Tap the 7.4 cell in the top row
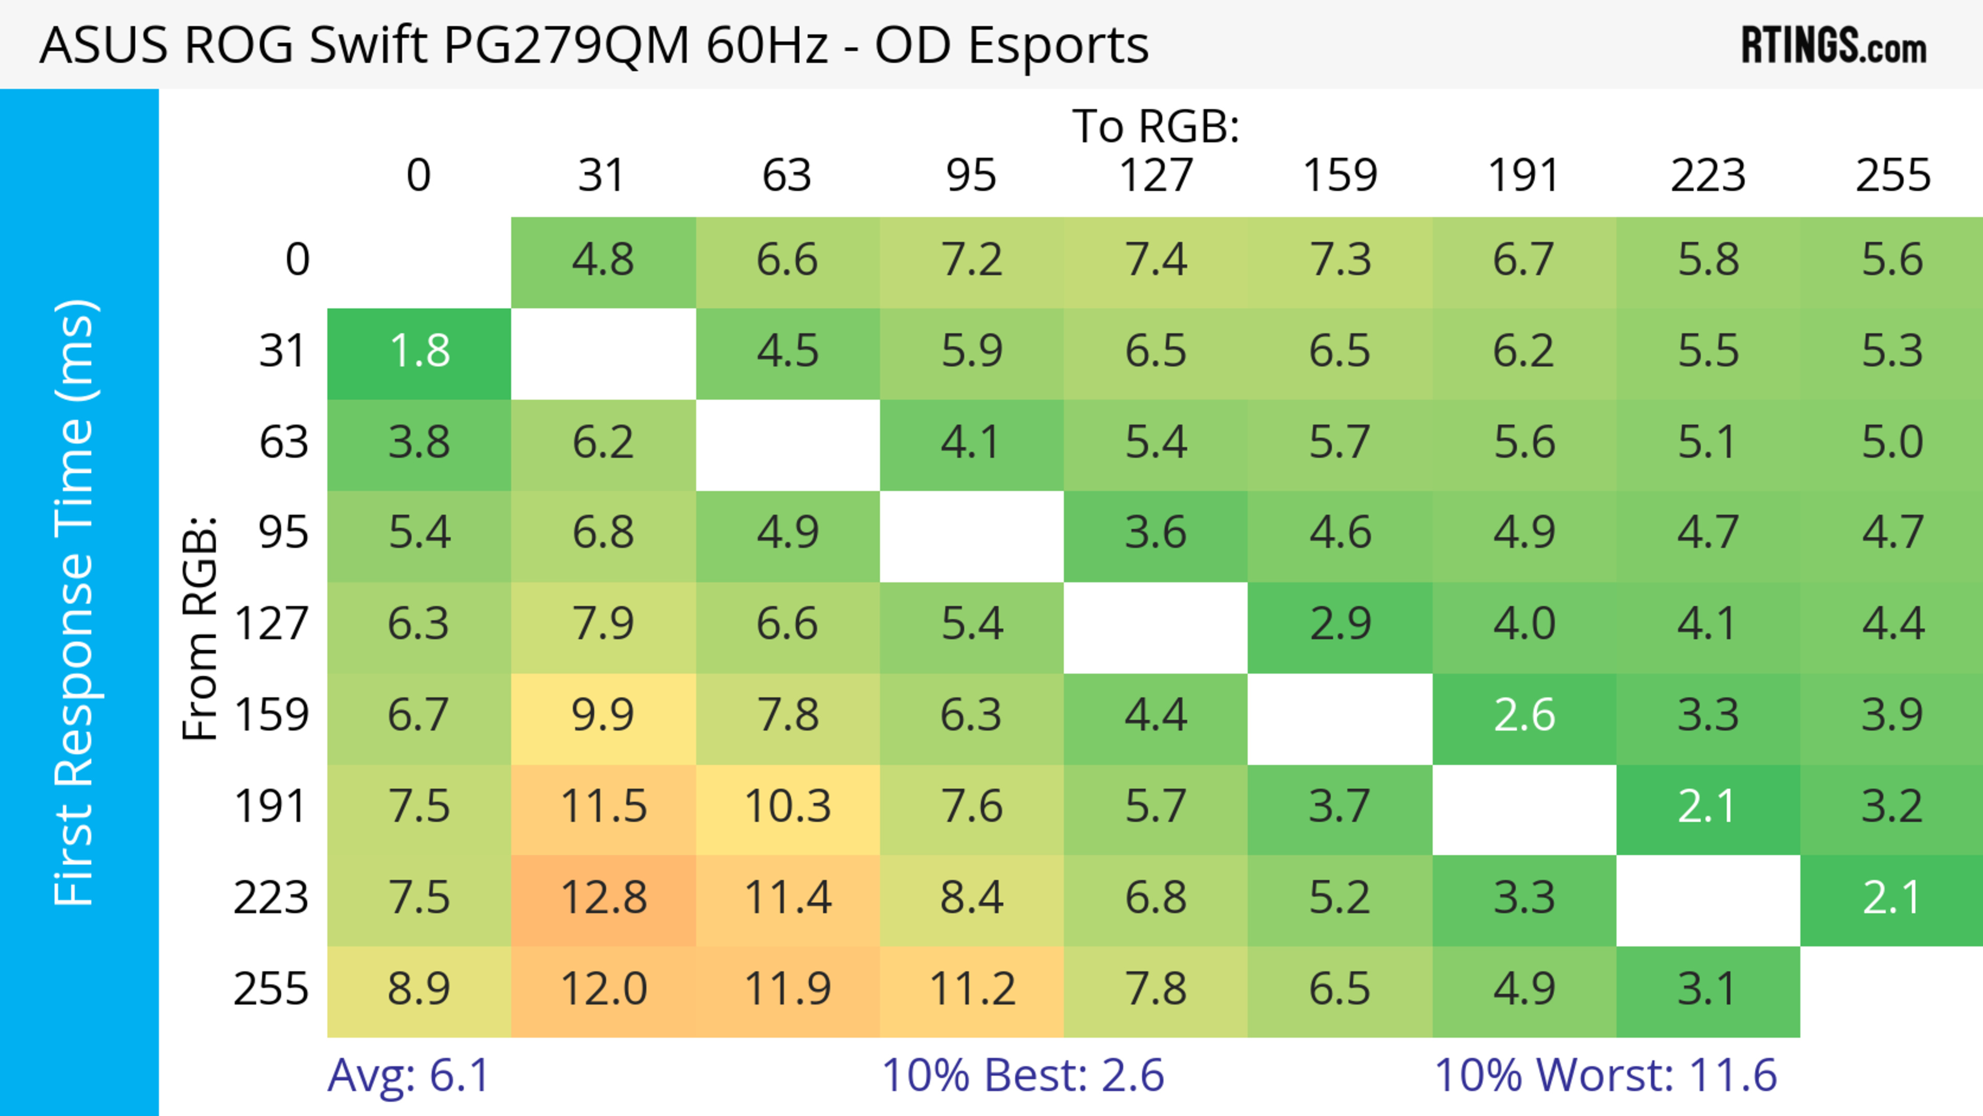click(1156, 261)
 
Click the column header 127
click(1156, 176)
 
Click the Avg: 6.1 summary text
click(409, 1075)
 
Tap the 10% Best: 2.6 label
click(1022, 1075)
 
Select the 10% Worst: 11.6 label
click(1606, 1075)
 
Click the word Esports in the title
click(1058, 46)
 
